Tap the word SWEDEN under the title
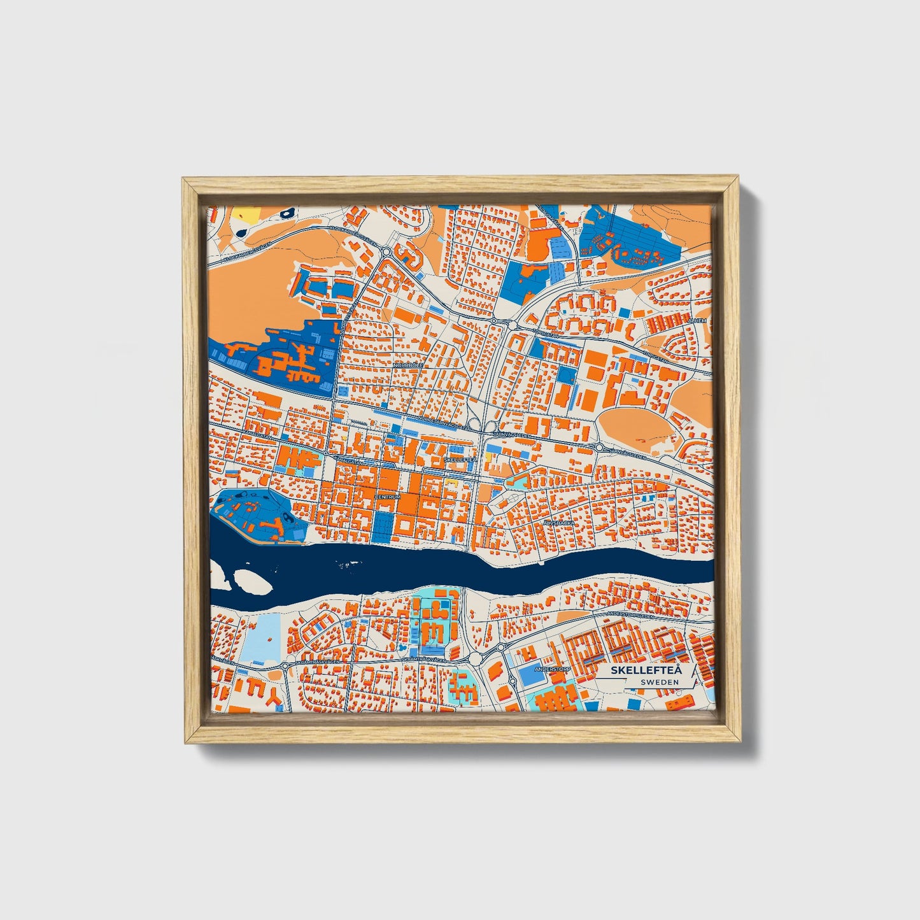[660, 682]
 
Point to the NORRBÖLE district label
[408, 365]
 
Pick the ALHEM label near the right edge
[698, 321]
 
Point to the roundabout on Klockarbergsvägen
[386, 251]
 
